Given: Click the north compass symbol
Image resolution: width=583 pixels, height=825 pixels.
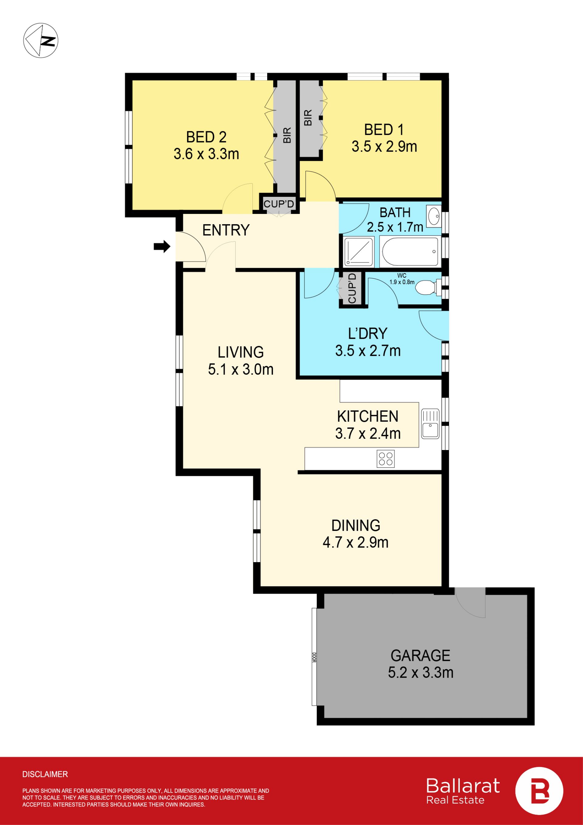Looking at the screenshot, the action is [x=41, y=40].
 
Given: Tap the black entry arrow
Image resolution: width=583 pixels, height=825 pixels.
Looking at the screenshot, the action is [x=162, y=246].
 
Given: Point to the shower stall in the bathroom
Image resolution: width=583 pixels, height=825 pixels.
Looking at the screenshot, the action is [x=359, y=252].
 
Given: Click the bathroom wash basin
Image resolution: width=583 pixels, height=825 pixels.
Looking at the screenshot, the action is [x=434, y=215].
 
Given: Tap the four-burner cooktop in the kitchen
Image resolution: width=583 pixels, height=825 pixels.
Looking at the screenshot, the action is [x=386, y=459].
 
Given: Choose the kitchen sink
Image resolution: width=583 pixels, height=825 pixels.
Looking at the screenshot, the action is [x=430, y=424].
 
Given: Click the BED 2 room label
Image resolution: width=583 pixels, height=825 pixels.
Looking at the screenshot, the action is [x=206, y=137].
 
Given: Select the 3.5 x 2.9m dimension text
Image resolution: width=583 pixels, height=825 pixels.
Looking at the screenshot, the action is [x=384, y=146].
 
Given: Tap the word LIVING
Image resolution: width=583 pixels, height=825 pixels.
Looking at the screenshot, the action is [x=240, y=352].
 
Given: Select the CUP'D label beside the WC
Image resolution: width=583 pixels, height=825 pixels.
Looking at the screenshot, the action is [x=352, y=288].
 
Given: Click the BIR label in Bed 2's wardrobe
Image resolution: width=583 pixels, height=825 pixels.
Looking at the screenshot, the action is [x=287, y=135].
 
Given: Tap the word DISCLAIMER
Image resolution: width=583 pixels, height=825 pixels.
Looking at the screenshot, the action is [x=45, y=774].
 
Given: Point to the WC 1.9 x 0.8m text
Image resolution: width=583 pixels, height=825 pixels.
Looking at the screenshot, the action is [x=402, y=279].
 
